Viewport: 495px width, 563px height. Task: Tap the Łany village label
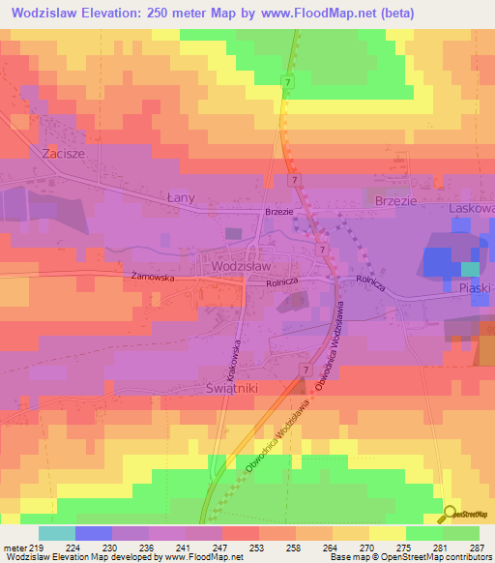pyautogui.click(x=180, y=197)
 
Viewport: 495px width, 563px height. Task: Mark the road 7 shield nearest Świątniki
pyautogui.click(x=305, y=370)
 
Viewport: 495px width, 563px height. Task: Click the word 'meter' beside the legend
pyautogui.click(x=15, y=547)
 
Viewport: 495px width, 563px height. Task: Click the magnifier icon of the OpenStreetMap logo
pyautogui.click(x=449, y=515)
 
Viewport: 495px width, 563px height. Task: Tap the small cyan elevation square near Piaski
pyautogui.click(x=469, y=268)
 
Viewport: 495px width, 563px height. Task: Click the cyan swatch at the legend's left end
pyautogui.click(x=57, y=533)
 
